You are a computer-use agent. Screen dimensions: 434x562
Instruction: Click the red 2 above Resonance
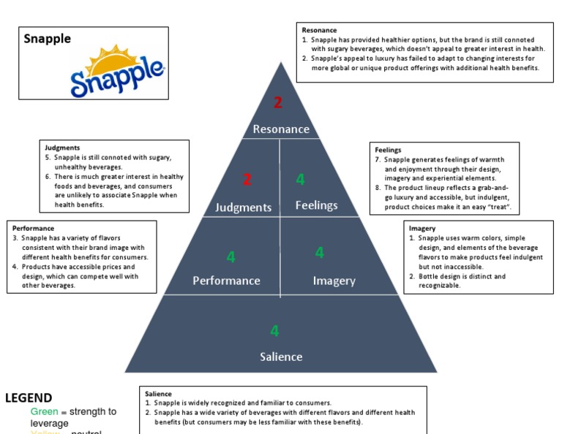point(278,103)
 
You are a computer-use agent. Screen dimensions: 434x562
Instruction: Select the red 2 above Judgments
point(247,179)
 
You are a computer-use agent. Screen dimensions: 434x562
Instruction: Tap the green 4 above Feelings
point(300,180)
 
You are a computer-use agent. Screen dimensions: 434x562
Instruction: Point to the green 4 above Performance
point(231,256)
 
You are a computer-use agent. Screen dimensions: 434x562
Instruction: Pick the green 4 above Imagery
point(319,253)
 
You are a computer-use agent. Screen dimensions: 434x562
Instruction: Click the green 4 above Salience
point(274,331)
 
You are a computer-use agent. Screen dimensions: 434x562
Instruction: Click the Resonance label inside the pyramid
point(281,129)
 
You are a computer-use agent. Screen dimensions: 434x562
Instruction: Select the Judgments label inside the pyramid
point(243,208)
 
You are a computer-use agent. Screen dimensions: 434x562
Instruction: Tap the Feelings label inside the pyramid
point(316,205)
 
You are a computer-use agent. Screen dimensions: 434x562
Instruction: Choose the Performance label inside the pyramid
point(226,281)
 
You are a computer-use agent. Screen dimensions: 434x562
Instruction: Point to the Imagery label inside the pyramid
point(334,281)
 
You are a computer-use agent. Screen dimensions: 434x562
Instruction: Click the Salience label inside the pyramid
point(281,357)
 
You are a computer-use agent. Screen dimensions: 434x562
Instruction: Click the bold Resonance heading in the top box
point(319,30)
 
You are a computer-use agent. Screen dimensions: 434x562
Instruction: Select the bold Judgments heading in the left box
point(62,148)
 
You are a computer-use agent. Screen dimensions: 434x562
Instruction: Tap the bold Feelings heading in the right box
point(388,150)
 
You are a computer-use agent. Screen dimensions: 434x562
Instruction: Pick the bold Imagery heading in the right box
point(422,229)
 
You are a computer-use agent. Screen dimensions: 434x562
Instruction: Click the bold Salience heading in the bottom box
point(158,394)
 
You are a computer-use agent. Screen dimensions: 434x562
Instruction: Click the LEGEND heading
point(29,398)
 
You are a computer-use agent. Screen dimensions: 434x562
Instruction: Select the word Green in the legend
point(44,412)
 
